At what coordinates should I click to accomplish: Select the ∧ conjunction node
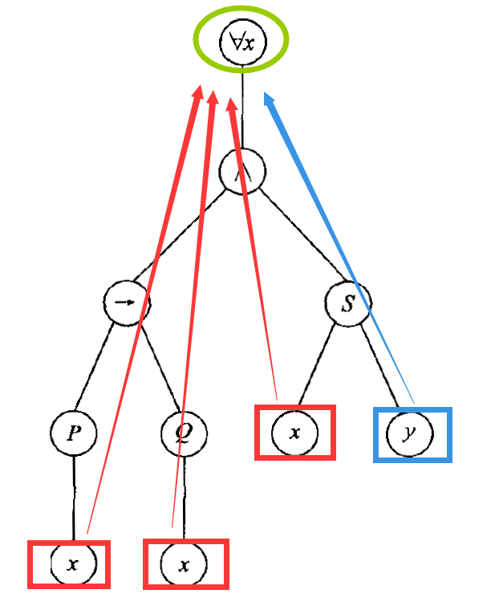[242, 172]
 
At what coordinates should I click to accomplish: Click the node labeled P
[73, 433]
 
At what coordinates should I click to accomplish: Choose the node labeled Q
[184, 433]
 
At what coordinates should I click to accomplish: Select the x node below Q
[184, 564]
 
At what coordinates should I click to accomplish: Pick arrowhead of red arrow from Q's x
[213, 99]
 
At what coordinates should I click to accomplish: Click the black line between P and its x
[73, 498]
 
